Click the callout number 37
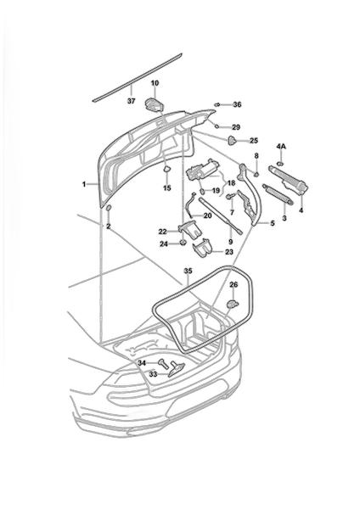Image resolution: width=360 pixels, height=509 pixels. click(x=131, y=101)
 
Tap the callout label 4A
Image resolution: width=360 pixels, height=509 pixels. click(x=281, y=147)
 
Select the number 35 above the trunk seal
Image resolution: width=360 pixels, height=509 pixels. click(x=188, y=271)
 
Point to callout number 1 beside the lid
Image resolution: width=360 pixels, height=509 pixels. click(x=84, y=184)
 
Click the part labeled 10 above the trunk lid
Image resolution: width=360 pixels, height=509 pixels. click(x=154, y=104)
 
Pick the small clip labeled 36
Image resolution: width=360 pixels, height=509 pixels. click(x=217, y=104)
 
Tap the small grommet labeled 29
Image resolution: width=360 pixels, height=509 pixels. click(x=217, y=126)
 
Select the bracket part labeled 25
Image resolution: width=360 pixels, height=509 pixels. click(x=232, y=140)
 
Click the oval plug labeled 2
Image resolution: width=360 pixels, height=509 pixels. click(x=109, y=208)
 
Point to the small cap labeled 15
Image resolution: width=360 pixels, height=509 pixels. click(x=166, y=169)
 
